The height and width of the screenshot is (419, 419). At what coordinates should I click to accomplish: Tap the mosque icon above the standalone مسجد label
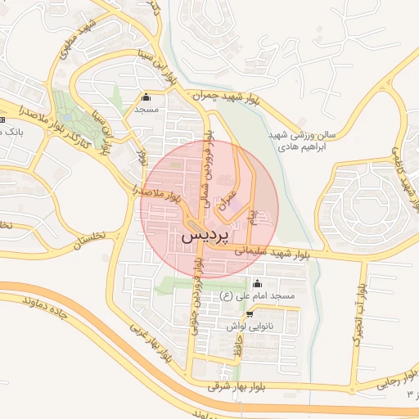[146, 97]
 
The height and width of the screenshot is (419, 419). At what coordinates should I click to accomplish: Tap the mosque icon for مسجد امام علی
[259, 283]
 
